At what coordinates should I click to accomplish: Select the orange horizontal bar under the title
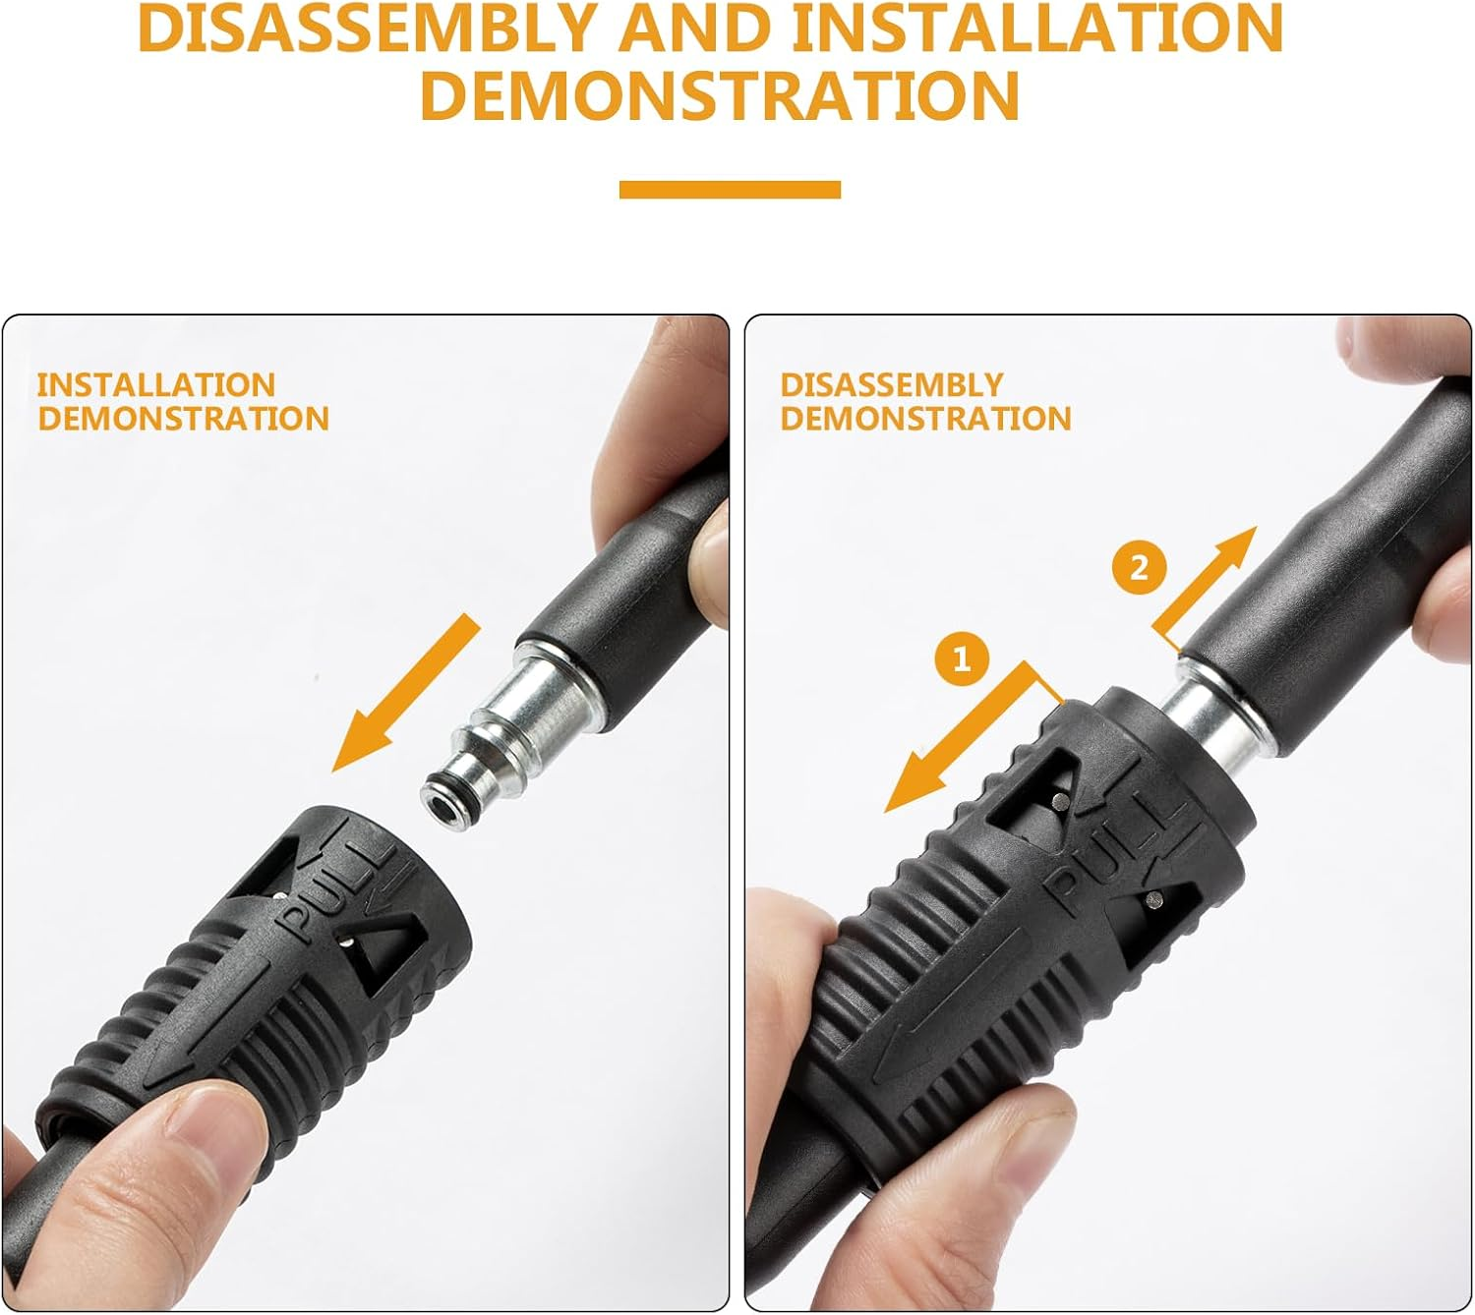(730, 190)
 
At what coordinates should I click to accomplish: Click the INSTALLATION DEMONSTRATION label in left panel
(183, 401)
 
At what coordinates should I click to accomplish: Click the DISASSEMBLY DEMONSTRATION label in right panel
(925, 401)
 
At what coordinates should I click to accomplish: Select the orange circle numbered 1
(962, 657)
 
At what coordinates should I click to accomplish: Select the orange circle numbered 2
(1139, 567)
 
